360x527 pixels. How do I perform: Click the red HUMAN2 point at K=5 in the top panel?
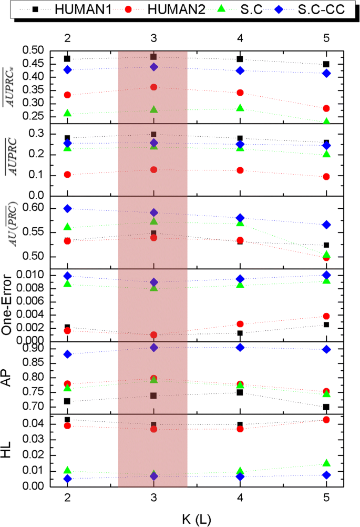326,108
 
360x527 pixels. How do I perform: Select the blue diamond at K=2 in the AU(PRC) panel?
67,209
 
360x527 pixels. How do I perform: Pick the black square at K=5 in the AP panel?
326,407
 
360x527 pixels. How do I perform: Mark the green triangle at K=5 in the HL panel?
326,463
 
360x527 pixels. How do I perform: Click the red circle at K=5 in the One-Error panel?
326,316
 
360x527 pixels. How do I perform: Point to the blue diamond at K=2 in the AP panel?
67,354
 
